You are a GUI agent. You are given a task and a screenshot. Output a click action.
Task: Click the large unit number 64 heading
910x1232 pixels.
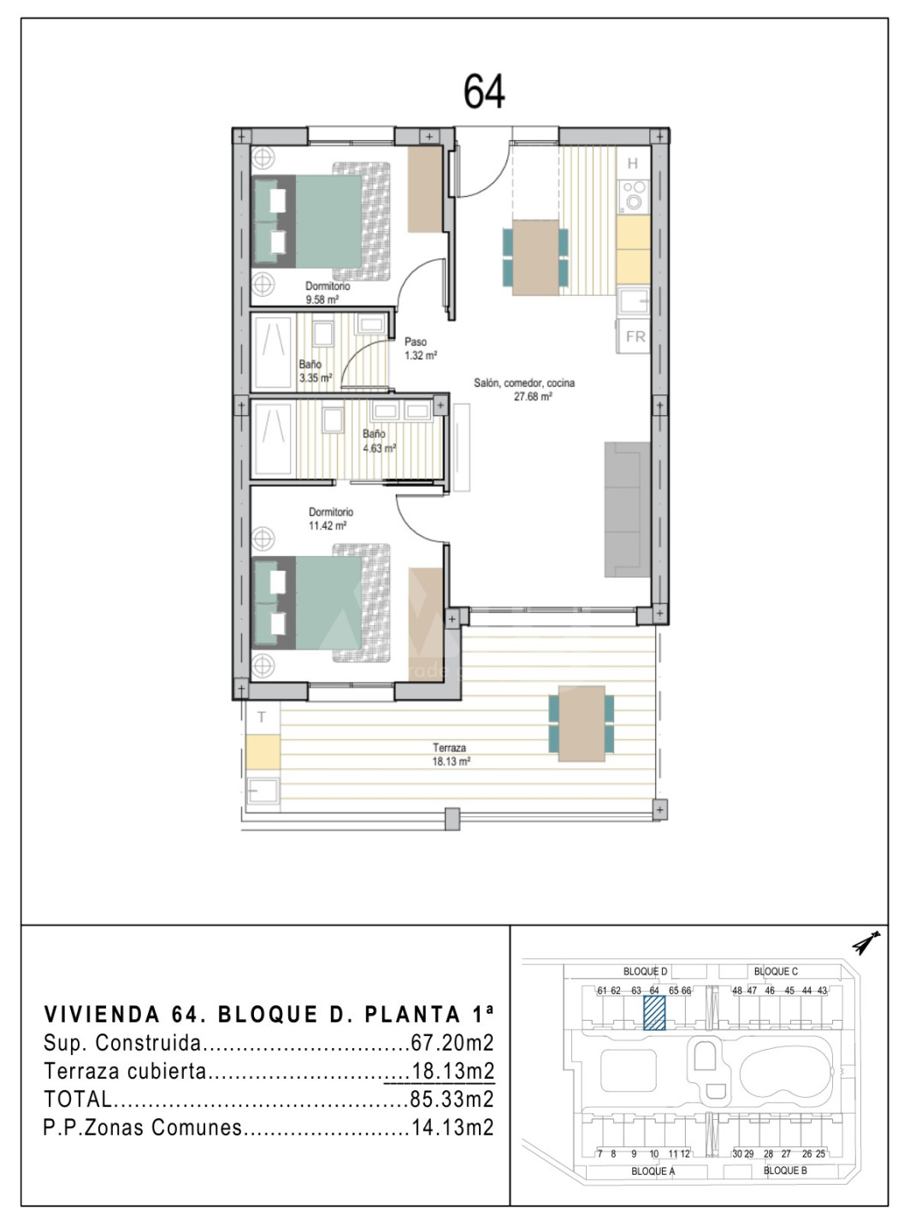[x=483, y=92]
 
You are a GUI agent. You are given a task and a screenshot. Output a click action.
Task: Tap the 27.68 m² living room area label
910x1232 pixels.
[x=533, y=397]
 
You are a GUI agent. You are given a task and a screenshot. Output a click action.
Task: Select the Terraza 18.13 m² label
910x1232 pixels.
[x=450, y=755]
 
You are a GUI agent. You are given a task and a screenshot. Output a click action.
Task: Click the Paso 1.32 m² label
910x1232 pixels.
[x=420, y=349]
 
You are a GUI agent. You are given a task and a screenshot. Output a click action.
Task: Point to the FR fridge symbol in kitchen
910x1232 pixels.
[x=635, y=336]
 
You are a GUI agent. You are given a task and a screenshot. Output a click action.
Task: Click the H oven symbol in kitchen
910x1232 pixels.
[x=633, y=163]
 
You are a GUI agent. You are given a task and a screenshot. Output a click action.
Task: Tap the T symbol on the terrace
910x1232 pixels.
[x=262, y=717]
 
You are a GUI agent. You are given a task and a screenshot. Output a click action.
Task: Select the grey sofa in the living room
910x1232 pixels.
[x=627, y=509]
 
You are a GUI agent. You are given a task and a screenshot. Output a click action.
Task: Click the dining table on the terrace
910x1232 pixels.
[x=582, y=723]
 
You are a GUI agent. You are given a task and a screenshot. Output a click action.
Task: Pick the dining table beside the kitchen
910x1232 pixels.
[x=535, y=258]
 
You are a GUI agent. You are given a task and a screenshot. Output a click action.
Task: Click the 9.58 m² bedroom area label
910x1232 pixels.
[x=322, y=300]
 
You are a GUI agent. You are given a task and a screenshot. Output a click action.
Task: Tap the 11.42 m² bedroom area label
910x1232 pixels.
[x=328, y=525]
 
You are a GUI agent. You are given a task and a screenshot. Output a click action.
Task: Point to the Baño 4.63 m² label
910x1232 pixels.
[x=379, y=441]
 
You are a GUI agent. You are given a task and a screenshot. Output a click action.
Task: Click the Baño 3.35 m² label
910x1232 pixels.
[x=316, y=371]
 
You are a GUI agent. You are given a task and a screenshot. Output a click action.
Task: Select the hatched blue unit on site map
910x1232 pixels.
[x=654, y=1013]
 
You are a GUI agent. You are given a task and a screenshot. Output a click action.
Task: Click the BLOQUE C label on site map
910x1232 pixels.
[x=776, y=972]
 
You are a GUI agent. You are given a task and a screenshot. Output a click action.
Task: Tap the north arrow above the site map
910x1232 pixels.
[x=866, y=943]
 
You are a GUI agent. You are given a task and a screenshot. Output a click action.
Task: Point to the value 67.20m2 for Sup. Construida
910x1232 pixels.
[x=452, y=1043]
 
